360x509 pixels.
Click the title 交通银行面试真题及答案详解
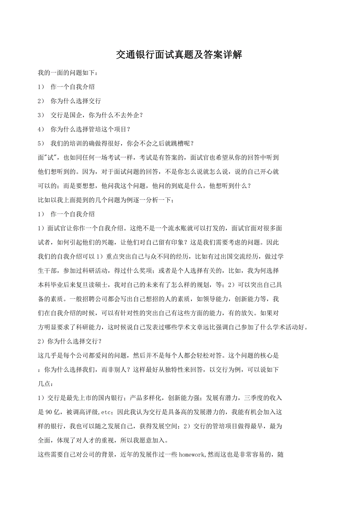tap(180, 55)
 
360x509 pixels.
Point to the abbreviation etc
tap(107, 412)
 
